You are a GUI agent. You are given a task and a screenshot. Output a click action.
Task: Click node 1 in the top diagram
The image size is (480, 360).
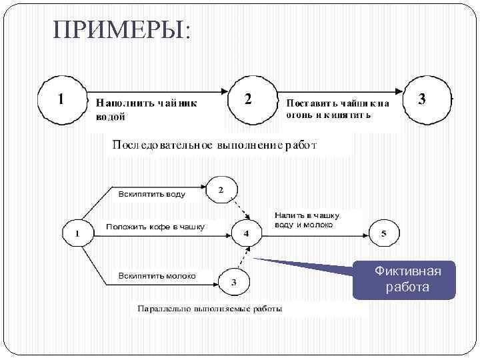click(61, 99)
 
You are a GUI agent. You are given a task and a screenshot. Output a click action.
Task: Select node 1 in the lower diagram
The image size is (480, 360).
click(79, 233)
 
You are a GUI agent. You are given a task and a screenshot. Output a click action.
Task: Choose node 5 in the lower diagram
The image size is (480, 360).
click(383, 233)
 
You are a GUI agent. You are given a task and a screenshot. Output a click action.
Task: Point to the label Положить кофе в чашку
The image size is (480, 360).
click(155, 227)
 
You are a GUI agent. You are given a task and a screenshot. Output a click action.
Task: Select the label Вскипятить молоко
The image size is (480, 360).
click(157, 275)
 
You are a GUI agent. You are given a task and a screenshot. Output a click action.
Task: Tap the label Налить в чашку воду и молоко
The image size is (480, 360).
click(307, 220)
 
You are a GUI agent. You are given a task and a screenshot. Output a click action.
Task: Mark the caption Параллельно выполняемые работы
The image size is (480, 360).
click(209, 309)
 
